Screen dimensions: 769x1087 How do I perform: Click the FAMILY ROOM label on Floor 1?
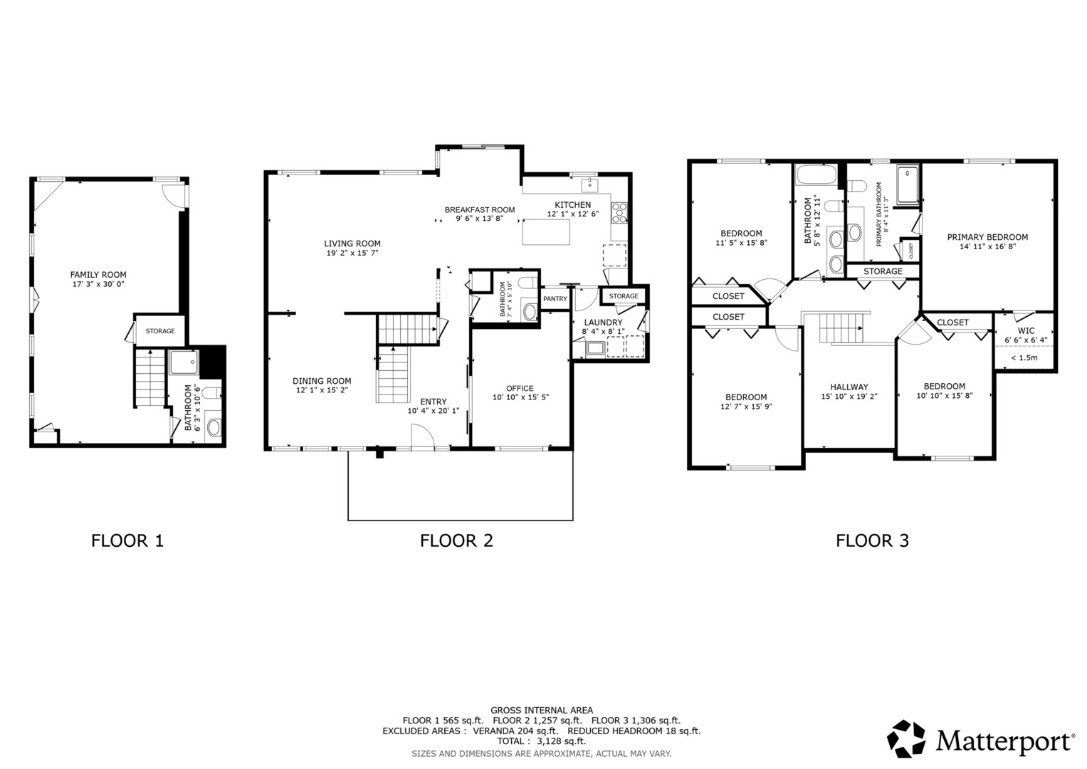pos(98,275)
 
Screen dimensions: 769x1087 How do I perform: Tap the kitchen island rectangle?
pos(547,232)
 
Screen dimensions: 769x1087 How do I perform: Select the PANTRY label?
pos(555,299)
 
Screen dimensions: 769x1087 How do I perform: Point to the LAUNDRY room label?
pos(603,323)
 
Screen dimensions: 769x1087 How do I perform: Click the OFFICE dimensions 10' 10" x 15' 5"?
pos(520,397)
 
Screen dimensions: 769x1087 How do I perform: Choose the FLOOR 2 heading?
pos(456,540)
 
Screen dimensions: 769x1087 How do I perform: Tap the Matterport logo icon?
pos(906,739)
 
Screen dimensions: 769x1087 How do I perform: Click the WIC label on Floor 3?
pos(1026,331)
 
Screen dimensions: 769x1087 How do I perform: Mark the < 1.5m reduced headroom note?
pos(1024,357)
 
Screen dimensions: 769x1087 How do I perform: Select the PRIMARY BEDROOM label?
pos(987,237)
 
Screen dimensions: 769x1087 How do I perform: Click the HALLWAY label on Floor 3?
pos(849,387)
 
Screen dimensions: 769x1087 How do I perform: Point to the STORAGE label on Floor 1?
pos(160,331)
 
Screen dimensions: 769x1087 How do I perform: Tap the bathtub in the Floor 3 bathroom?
pos(817,174)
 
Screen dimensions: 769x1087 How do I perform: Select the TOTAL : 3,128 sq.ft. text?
pos(541,741)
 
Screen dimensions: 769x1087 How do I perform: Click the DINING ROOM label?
pos(322,381)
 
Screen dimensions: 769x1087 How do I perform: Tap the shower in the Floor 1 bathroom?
pos(184,362)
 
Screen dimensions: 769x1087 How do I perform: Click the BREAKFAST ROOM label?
pos(479,210)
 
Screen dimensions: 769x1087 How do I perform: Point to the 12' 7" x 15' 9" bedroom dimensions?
pos(746,407)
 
